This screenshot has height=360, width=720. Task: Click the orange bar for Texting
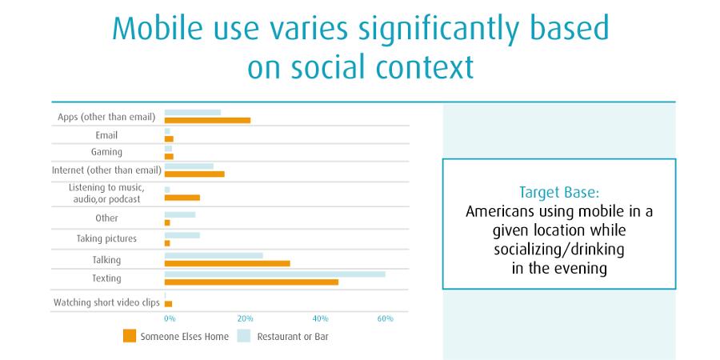(x=251, y=282)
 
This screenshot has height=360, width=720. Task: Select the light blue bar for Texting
(x=274, y=274)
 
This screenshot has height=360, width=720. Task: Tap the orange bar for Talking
(x=227, y=262)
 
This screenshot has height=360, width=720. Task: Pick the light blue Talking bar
(x=214, y=255)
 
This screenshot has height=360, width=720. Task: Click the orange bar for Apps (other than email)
(x=207, y=121)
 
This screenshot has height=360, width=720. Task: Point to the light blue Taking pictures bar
(x=182, y=235)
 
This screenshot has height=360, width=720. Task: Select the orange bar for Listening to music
(x=182, y=197)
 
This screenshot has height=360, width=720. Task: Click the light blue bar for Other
(x=180, y=214)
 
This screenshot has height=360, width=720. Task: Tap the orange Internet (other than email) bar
(x=194, y=174)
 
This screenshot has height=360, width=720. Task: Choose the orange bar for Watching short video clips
(x=168, y=304)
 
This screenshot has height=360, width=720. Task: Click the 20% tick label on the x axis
(x=246, y=319)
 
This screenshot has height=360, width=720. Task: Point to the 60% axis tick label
(x=385, y=319)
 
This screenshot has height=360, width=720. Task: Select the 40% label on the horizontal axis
(x=320, y=319)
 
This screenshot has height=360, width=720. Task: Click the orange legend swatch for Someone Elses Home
(x=130, y=336)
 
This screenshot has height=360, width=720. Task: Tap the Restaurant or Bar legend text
(x=292, y=337)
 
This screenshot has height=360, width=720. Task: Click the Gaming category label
(x=106, y=152)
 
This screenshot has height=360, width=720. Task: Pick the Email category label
(x=106, y=135)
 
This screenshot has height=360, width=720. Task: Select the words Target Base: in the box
(x=558, y=193)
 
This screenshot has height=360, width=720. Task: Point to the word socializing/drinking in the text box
(x=558, y=250)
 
